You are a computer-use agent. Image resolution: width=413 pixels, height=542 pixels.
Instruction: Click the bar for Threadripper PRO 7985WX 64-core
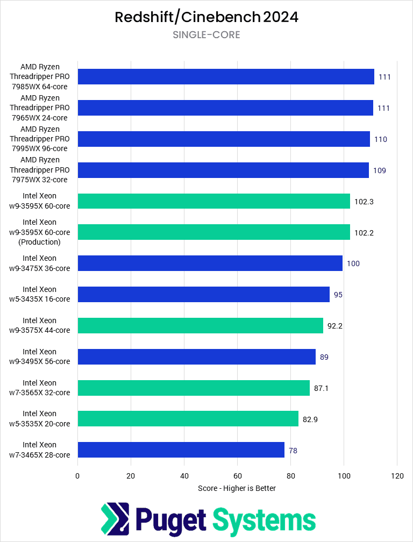[x=226, y=77]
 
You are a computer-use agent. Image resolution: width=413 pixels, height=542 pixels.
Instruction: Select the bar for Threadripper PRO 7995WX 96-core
[x=224, y=139]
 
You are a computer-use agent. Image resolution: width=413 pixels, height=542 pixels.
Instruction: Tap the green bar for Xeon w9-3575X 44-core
[x=200, y=326]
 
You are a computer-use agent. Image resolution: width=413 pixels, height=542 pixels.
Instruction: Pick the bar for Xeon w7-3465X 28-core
[x=181, y=450]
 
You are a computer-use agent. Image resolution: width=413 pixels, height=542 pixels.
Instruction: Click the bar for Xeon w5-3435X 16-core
[x=203, y=295]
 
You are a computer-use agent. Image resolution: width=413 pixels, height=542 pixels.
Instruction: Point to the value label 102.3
[x=364, y=202]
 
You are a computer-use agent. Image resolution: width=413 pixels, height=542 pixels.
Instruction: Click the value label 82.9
[x=310, y=419]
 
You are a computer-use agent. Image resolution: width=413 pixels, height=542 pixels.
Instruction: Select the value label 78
[x=293, y=451]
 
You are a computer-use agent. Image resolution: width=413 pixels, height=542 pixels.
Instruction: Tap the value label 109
[x=380, y=170]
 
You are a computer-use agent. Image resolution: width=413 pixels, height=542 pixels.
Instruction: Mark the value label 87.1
[x=322, y=388]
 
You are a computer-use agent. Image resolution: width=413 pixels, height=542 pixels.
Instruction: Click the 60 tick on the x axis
[x=237, y=475]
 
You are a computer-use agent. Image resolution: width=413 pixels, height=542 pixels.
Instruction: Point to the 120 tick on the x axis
[x=397, y=475]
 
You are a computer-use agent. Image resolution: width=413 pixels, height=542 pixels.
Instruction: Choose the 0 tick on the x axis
[x=77, y=475]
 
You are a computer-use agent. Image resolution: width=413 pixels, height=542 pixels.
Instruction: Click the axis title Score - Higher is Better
[x=237, y=488]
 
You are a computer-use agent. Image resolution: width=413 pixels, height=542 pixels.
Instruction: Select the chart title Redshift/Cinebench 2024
[x=206, y=17]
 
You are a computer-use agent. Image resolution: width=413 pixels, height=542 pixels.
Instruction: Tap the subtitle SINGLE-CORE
[x=206, y=35]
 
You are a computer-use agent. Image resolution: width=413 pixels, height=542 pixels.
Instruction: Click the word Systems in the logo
[x=264, y=520]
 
